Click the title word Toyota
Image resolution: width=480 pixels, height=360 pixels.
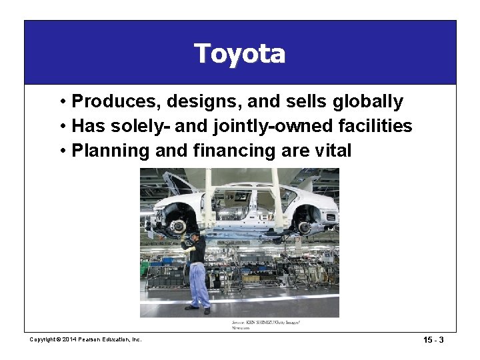click(239, 53)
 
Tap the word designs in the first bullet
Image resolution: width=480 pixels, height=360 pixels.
click(193, 102)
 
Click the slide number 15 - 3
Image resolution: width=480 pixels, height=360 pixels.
click(433, 340)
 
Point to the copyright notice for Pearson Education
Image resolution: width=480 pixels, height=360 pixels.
click(86, 340)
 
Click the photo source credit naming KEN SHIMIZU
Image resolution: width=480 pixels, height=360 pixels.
click(265, 325)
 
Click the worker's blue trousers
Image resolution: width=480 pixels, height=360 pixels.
click(197, 283)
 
